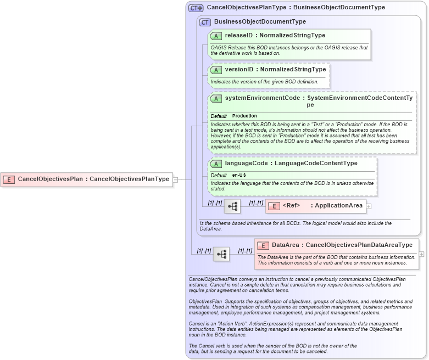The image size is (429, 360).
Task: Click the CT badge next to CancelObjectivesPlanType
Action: click(196, 8)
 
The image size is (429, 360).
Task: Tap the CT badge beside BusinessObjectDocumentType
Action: click(205, 22)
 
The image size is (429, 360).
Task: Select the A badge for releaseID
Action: click(216, 36)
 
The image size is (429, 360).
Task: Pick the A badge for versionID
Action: click(216, 70)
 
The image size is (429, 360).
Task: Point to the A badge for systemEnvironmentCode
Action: click(216, 98)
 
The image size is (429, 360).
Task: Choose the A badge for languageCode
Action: click(216, 164)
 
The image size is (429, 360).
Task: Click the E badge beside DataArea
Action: click(263, 245)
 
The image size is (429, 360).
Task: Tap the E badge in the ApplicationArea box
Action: click(274, 206)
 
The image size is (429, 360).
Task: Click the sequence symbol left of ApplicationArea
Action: click(232, 206)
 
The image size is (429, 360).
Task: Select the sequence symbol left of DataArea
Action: click(221, 254)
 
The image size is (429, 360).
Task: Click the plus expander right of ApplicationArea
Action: click(369, 206)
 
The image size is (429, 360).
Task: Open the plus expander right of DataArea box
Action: click(421, 254)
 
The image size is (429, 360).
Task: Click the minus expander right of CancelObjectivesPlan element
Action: click(175, 179)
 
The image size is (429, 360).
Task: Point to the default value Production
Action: click(244, 116)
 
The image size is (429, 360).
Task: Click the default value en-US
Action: click(239, 175)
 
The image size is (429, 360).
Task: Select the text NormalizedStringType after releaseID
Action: click(292, 36)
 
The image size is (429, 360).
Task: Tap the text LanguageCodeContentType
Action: click(316, 164)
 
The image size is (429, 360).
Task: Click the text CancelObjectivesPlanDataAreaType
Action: click(359, 245)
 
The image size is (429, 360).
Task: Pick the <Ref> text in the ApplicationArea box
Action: click(291, 206)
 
